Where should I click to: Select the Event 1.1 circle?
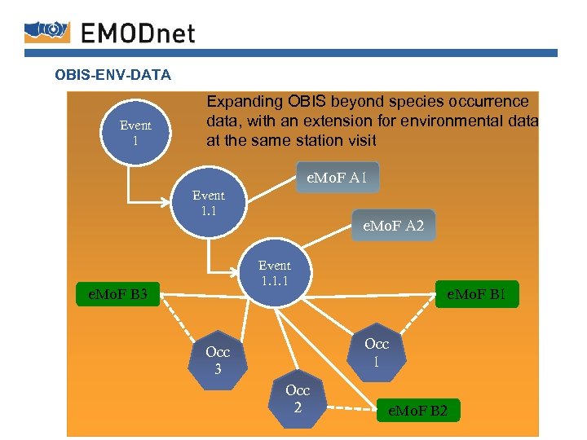tap(208, 203)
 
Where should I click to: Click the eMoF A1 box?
tap(337, 178)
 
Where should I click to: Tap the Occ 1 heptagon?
tap(376, 351)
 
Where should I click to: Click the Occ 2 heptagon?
tap(298, 398)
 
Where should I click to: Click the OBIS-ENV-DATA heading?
tap(113, 76)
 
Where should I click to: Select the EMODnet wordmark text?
tap(139, 32)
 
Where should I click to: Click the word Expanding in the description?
tap(243, 102)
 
